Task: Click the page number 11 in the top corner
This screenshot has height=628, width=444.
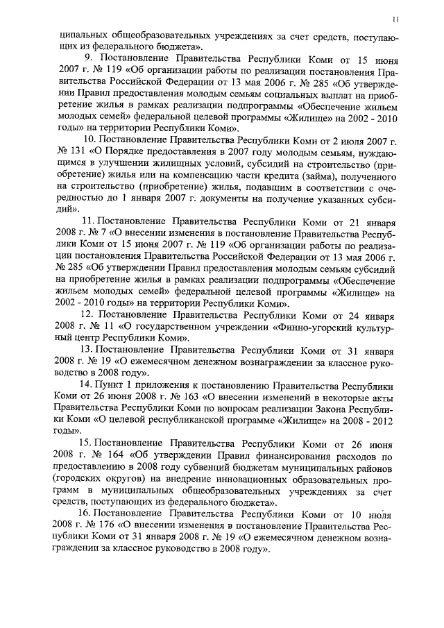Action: coord(395,19)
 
